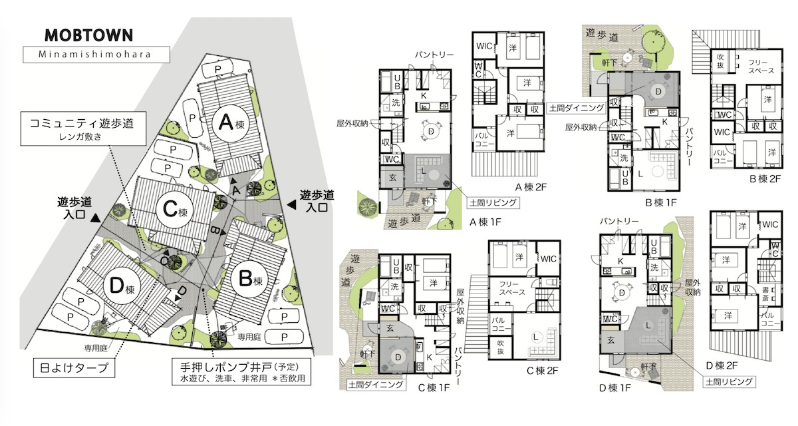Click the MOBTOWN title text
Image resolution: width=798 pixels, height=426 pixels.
[88, 35]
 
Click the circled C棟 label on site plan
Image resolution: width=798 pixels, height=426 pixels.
[174, 210]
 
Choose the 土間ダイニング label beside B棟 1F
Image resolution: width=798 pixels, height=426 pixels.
[576, 107]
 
